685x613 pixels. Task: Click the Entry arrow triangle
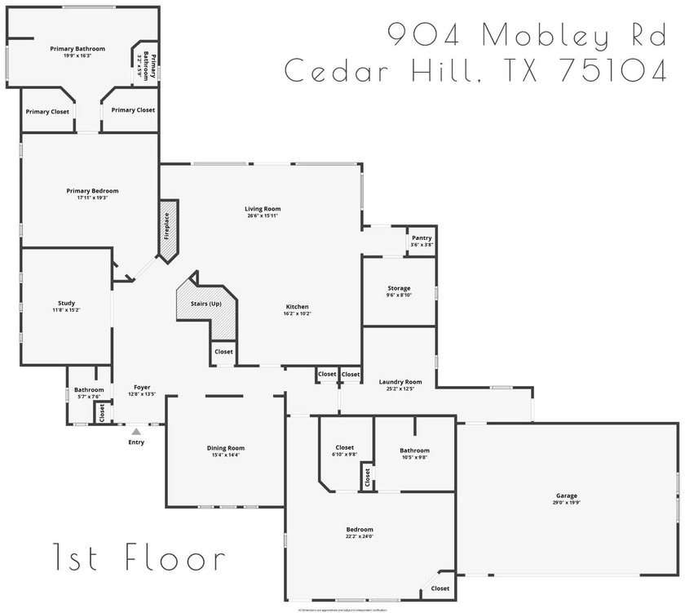point(136,431)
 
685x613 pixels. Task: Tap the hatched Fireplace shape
point(167,230)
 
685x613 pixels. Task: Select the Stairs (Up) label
point(205,304)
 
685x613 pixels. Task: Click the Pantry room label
point(422,238)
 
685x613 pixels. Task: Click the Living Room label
point(263,209)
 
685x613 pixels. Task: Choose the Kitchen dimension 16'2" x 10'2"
point(297,313)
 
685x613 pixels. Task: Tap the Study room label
point(66,303)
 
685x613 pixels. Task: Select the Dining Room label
point(225,447)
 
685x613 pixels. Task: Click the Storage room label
point(399,288)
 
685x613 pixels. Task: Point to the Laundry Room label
point(400,381)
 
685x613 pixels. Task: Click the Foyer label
point(142,388)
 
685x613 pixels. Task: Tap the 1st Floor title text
point(139,558)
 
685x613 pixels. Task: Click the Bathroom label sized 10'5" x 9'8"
point(414,450)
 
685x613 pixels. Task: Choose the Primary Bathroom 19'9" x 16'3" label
point(77,49)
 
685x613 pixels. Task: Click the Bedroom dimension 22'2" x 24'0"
point(360,536)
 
